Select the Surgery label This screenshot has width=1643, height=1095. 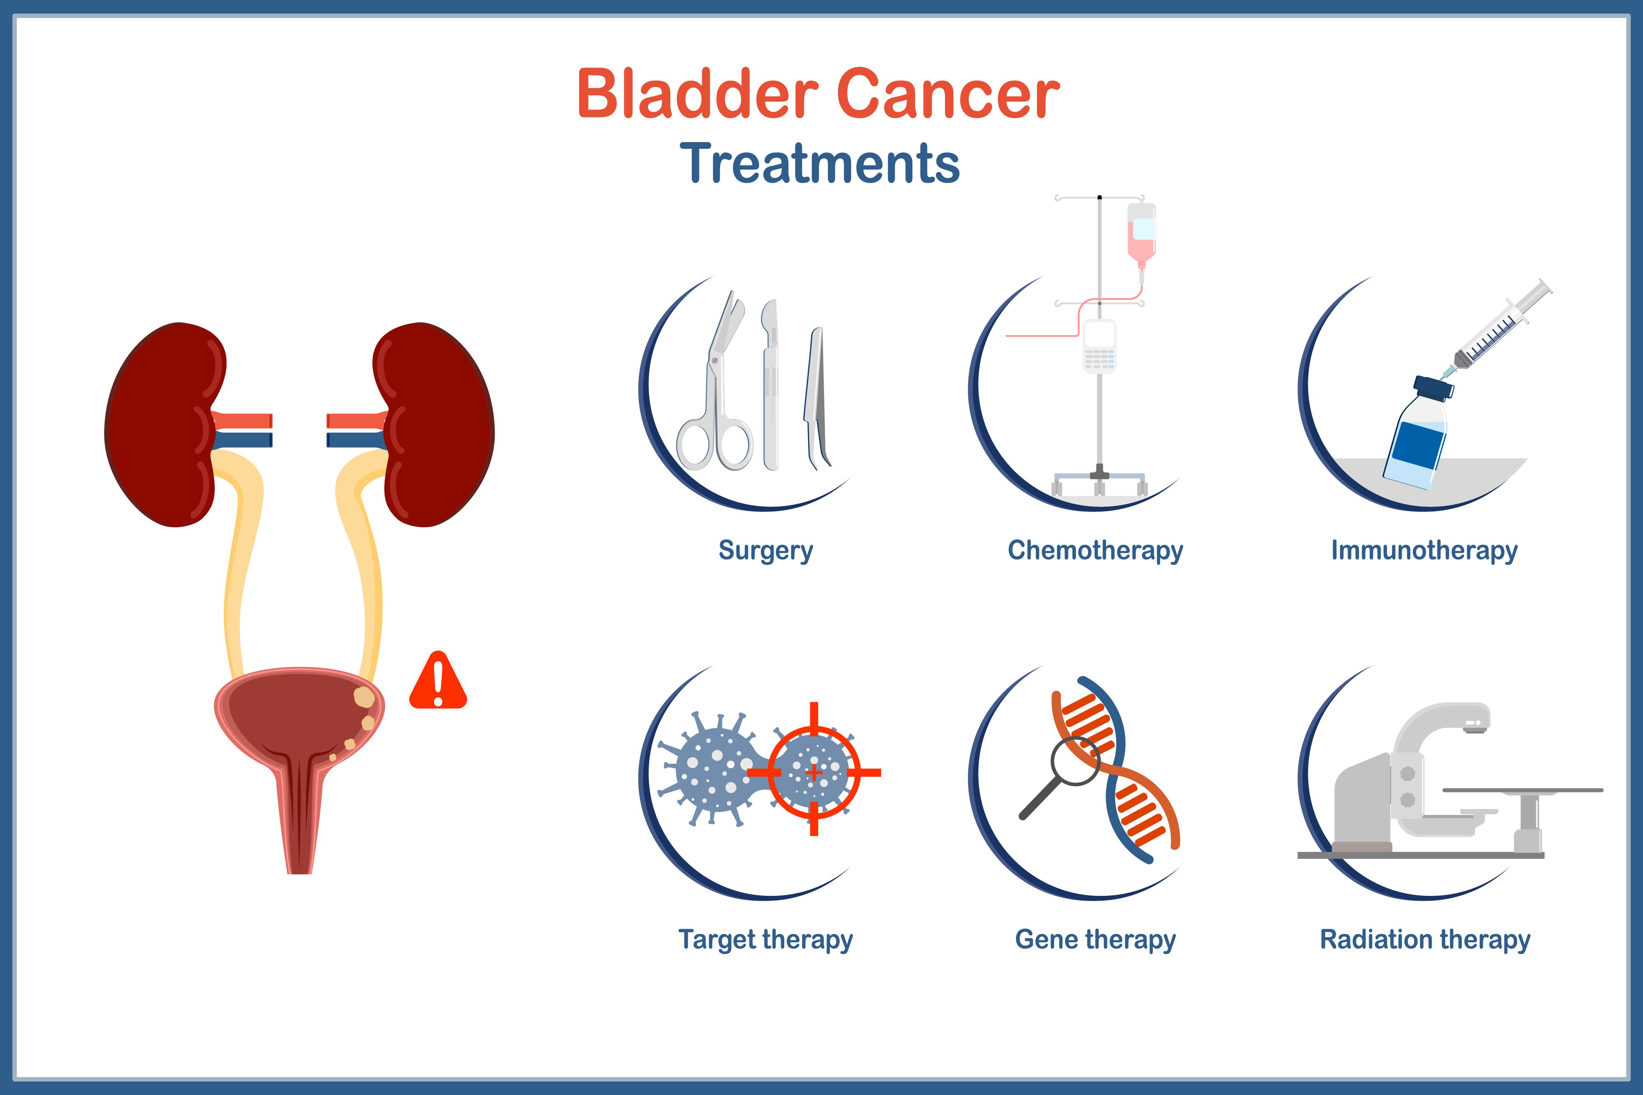tap(766, 550)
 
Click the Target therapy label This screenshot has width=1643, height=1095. tap(766, 939)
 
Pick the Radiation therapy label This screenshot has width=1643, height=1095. tap(1424, 939)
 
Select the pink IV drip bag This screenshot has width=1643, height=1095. tap(1141, 234)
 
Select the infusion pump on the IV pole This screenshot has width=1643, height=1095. tap(1099, 346)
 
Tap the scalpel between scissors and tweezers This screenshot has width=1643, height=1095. tap(770, 384)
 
